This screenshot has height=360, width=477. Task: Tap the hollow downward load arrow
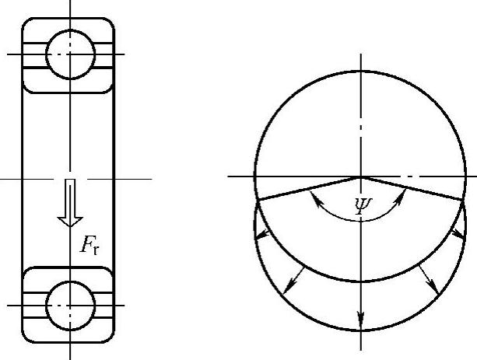[70, 203]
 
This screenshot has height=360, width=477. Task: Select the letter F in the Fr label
[86, 244]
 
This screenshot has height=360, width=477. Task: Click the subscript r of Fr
[96, 250]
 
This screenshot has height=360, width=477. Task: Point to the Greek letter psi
[364, 206]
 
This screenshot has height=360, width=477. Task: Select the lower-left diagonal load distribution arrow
[293, 281]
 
